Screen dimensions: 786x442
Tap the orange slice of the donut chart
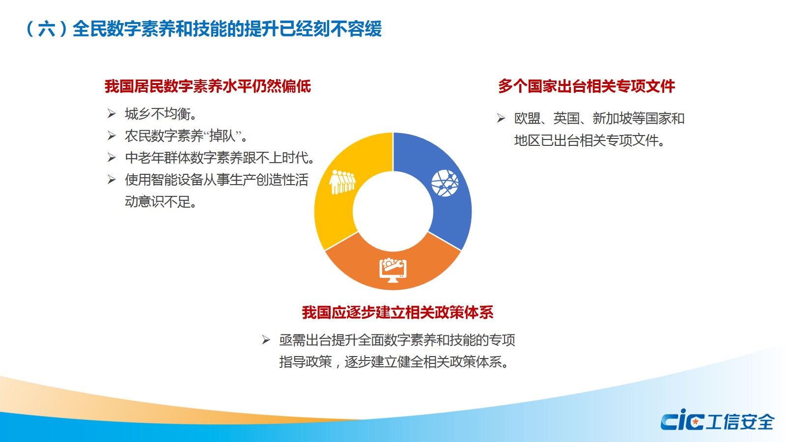pyautogui.click(x=393, y=270)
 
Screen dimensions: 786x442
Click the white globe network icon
pyautogui.click(x=445, y=183)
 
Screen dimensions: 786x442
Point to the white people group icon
pyautogui.click(x=342, y=182)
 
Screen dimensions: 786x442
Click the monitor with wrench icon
pyautogui.click(x=393, y=270)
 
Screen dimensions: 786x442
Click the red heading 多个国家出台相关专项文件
pyautogui.click(x=587, y=86)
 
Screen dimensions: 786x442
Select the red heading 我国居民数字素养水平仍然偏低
pyautogui.click(x=208, y=86)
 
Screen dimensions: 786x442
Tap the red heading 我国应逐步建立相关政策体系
pyautogui.click(x=397, y=312)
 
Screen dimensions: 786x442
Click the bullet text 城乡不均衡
pyautogui.click(x=160, y=114)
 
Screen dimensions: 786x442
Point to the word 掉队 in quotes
pyautogui.click(x=222, y=136)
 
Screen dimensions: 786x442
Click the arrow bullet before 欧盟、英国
pyautogui.click(x=501, y=118)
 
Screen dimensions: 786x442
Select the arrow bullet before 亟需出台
pyautogui.click(x=266, y=339)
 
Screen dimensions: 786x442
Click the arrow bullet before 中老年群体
pyautogui.click(x=112, y=158)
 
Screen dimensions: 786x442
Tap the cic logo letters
pyautogui.click(x=682, y=420)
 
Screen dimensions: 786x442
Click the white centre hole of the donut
pyautogui.click(x=393, y=211)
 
